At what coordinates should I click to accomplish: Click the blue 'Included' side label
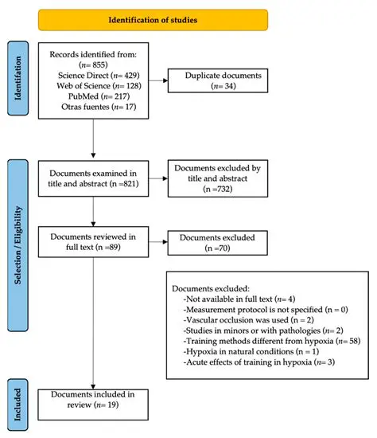(18, 402)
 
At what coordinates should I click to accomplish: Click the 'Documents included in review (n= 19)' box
(94, 401)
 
